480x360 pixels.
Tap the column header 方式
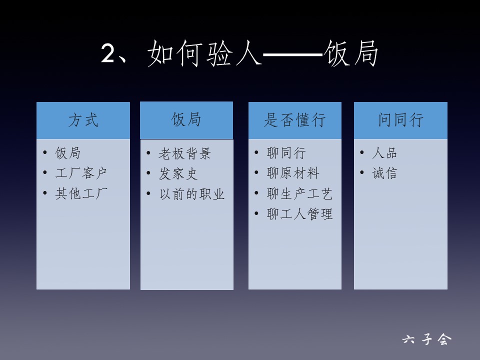click(83, 119)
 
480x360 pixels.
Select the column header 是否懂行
click(295, 119)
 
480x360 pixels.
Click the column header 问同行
click(400, 119)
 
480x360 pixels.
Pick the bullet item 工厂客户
click(81, 173)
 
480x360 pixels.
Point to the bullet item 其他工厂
click(81, 193)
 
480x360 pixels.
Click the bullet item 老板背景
click(184, 153)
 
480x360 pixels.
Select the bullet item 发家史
click(178, 174)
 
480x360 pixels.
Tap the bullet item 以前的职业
click(192, 194)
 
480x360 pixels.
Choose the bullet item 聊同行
click(286, 153)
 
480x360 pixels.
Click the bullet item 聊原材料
click(293, 173)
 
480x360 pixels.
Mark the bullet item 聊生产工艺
click(299, 193)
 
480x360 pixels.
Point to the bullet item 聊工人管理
click(299, 213)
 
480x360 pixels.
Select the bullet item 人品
click(384, 153)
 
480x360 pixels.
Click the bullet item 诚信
click(384, 173)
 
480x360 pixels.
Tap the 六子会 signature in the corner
click(426, 339)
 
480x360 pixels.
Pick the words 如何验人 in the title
click(204, 53)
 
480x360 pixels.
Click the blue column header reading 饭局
click(186, 119)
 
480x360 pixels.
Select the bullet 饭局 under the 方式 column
click(67, 153)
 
